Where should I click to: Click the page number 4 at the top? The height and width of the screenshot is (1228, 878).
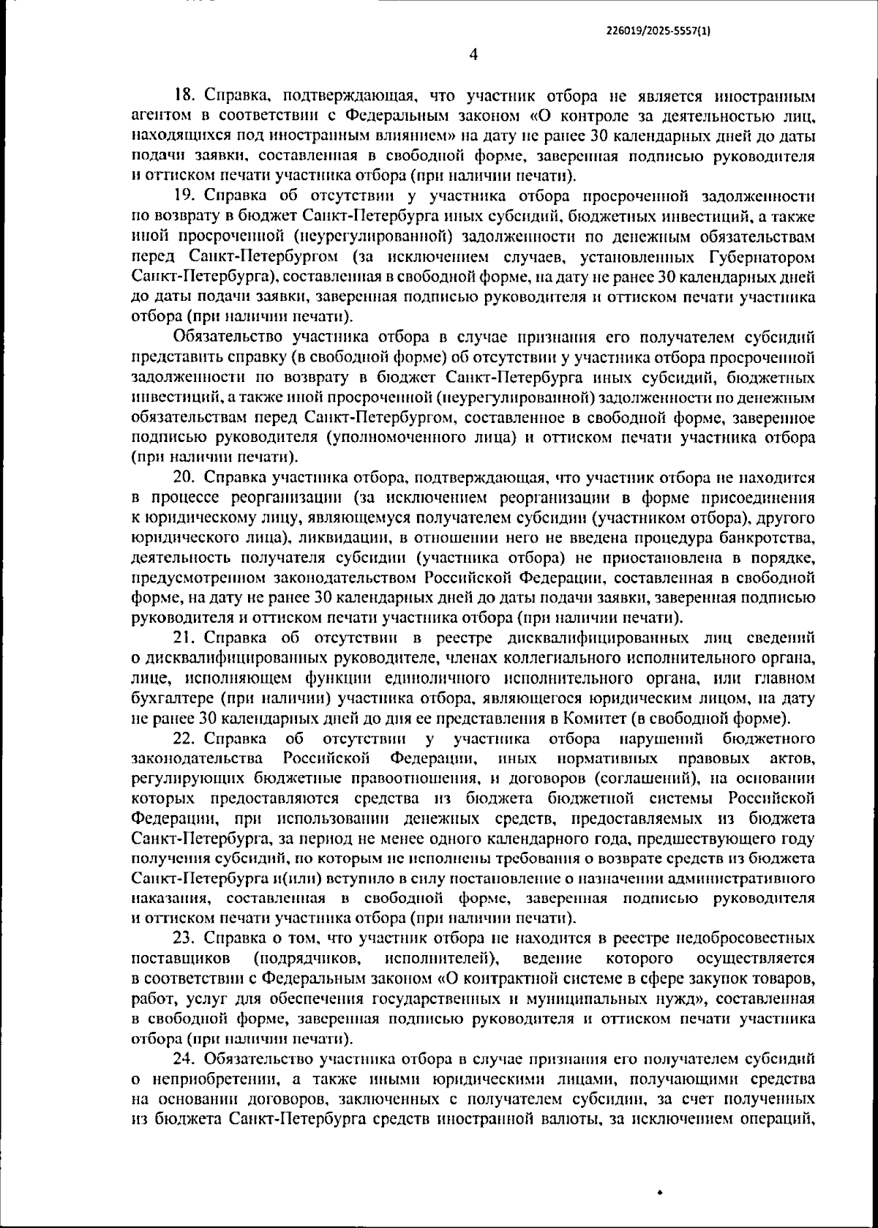473,54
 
